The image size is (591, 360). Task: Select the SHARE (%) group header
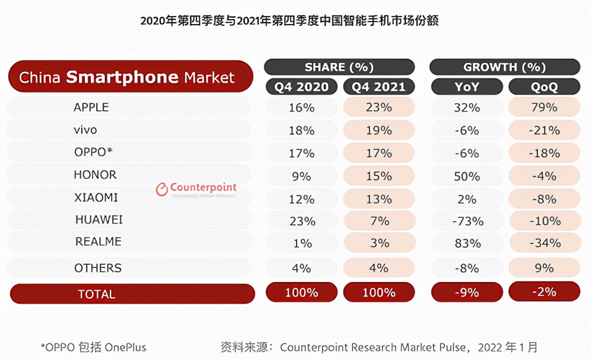pyautogui.click(x=339, y=67)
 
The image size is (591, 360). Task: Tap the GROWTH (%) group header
pyautogui.click(x=504, y=67)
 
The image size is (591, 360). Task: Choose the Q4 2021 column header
pyautogui.click(x=379, y=87)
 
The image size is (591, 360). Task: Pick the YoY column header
pyautogui.click(x=467, y=87)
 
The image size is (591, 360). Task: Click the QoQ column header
pyautogui.click(x=544, y=87)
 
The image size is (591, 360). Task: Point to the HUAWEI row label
pyautogui.click(x=99, y=220)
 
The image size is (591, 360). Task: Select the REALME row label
pyautogui.click(x=98, y=242)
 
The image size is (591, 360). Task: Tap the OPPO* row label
pyautogui.click(x=93, y=152)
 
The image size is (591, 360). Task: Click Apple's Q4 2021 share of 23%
pyautogui.click(x=379, y=107)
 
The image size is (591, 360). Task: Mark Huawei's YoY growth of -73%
pyautogui.click(x=467, y=221)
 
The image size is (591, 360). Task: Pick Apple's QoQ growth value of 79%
pyautogui.click(x=544, y=107)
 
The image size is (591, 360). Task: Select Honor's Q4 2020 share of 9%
pyautogui.click(x=301, y=176)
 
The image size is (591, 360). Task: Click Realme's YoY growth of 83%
pyautogui.click(x=467, y=243)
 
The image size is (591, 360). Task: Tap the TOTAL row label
pyautogui.click(x=97, y=294)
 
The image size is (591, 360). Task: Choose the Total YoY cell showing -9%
pyautogui.click(x=467, y=292)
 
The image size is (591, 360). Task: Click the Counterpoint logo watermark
pyautogui.click(x=196, y=190)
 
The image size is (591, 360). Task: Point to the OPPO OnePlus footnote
pyautogui.click(x=93, y=347)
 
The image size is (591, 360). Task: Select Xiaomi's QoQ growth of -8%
pyautogui.click(x=544, y=199)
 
